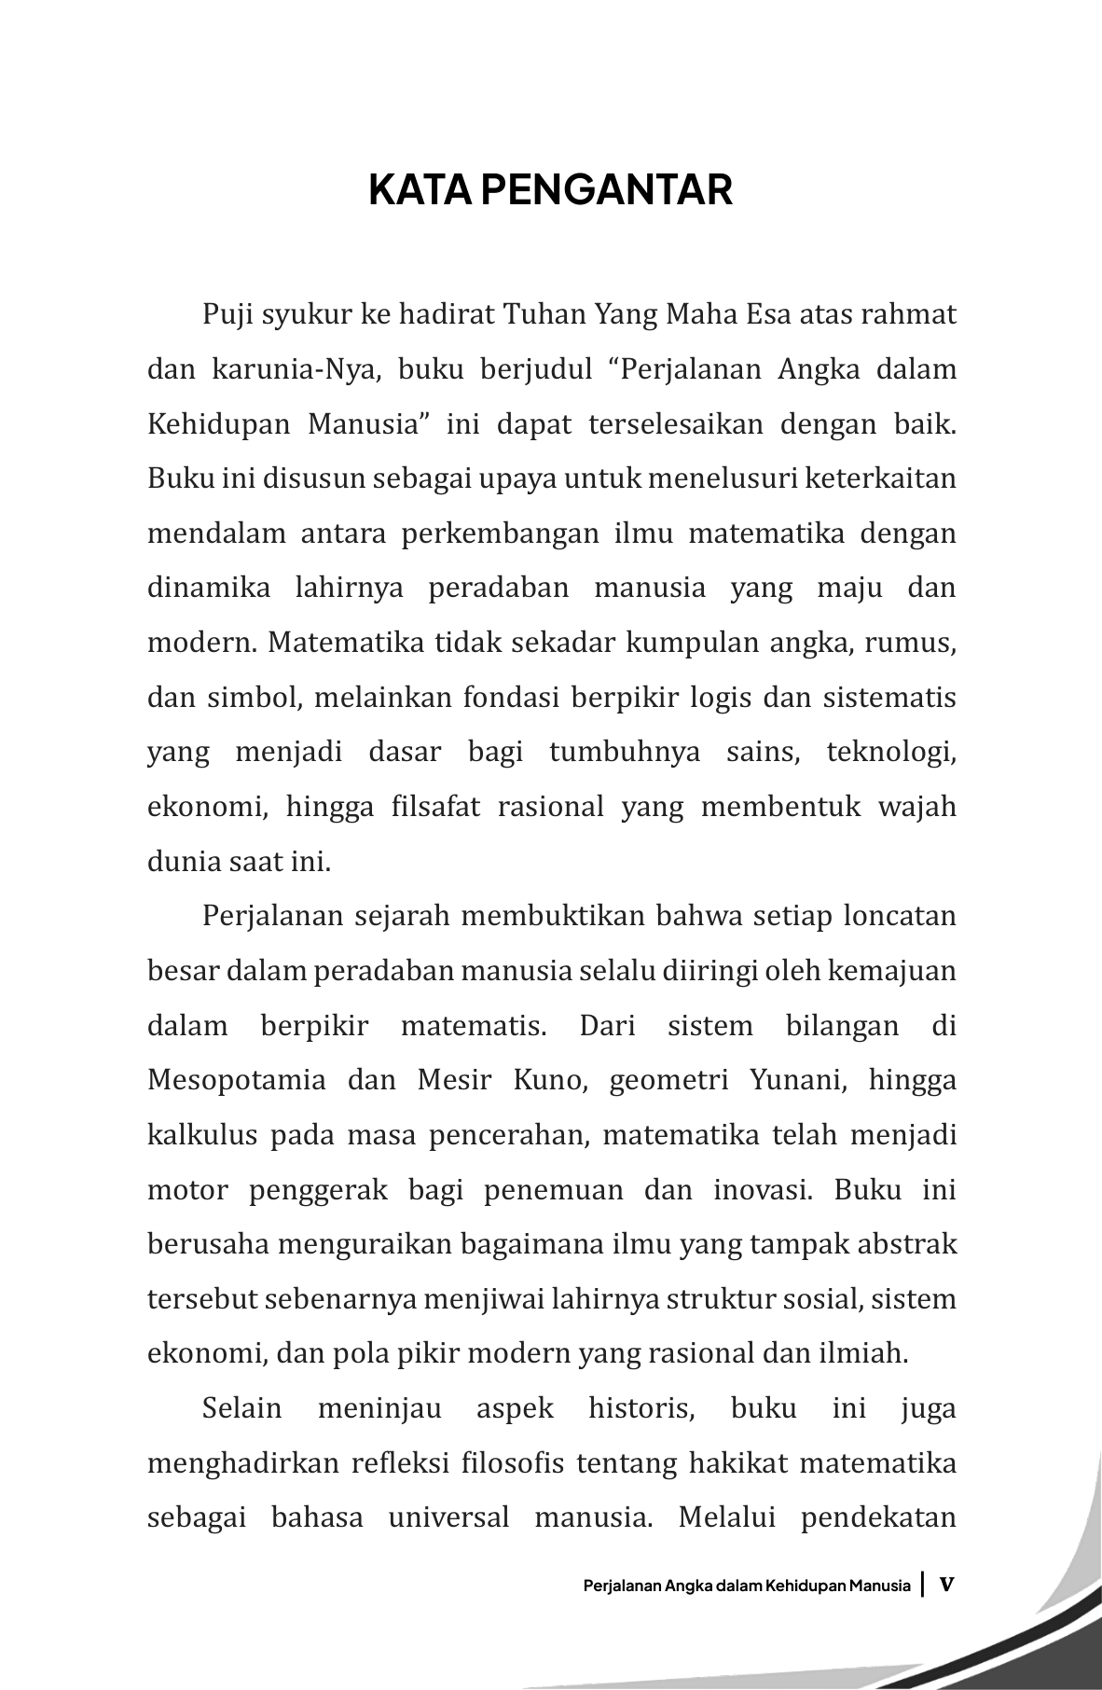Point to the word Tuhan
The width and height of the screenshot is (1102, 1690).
(x=544, y=314)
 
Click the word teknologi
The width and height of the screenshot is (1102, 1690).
(x=891, y=752)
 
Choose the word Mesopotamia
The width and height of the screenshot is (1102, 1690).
(x=237, y=1080)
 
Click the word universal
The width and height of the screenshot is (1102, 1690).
(x=448, y=1517)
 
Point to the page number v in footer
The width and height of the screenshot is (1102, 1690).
(x=947, y=1584)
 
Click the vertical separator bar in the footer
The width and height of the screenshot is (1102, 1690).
(x=923, y=1584)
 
